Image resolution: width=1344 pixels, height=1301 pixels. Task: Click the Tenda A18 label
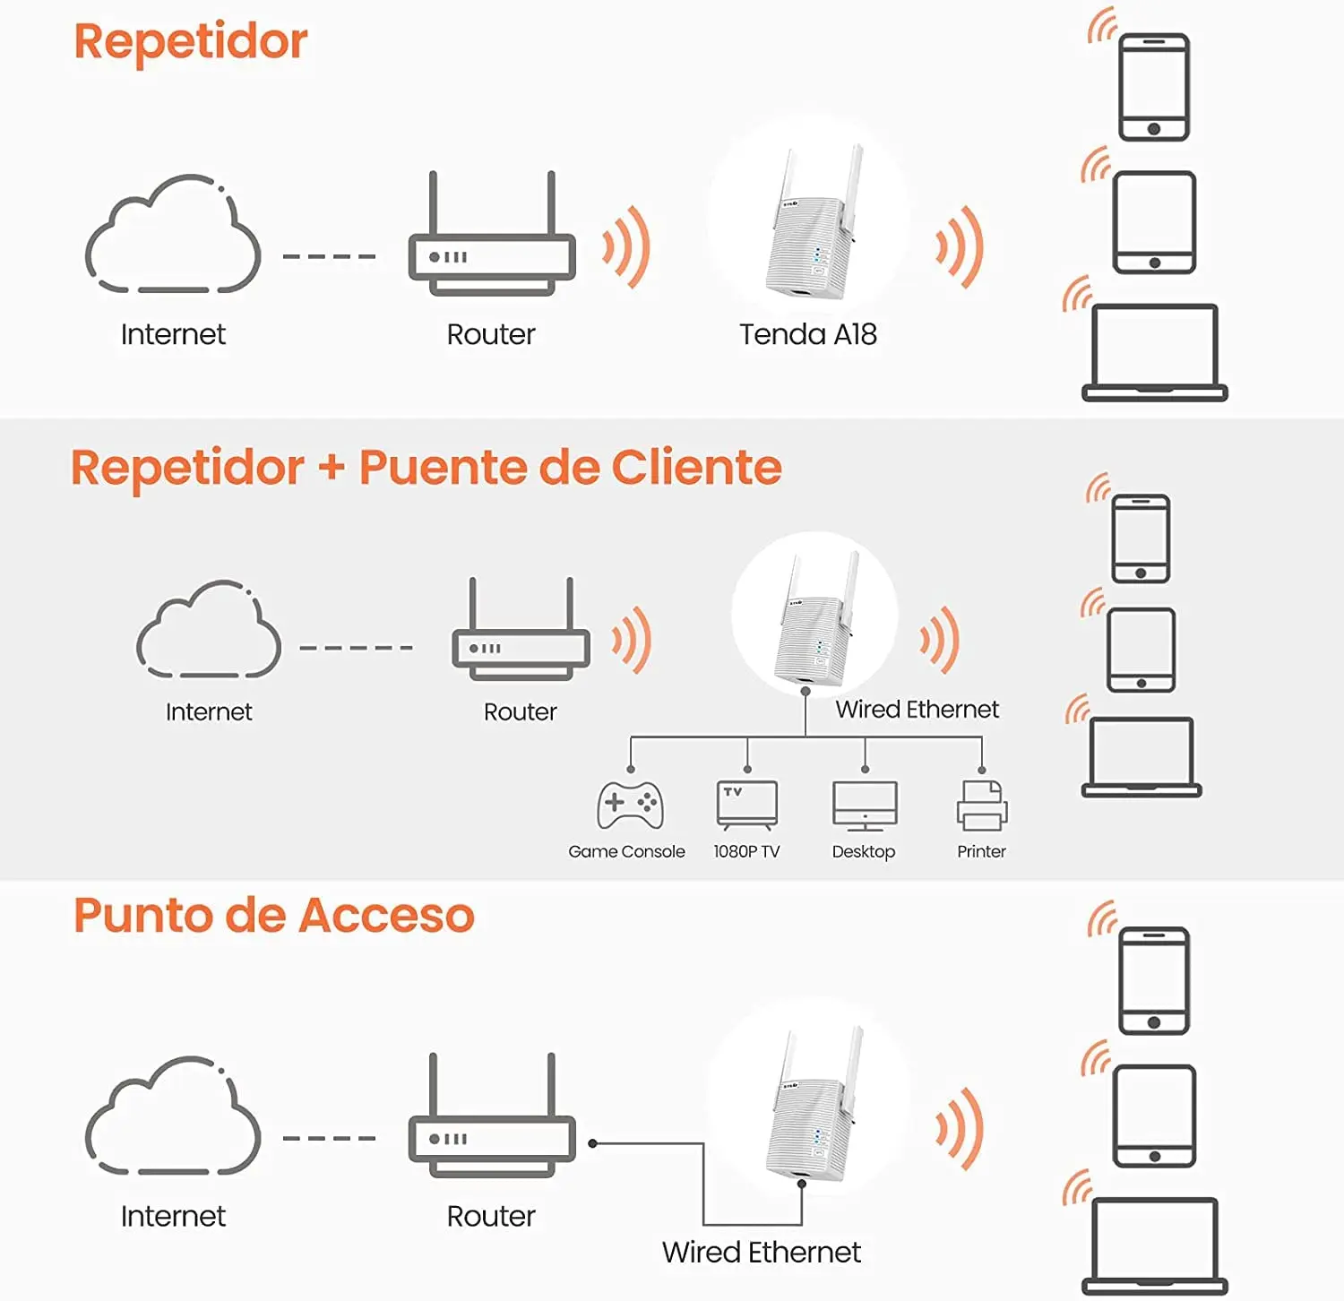807,334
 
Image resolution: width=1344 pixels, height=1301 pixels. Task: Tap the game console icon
630,805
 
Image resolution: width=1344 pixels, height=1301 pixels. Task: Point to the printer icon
982,805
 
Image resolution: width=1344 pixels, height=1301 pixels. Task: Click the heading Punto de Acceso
273,915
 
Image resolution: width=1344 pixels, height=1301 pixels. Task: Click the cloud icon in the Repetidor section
173,235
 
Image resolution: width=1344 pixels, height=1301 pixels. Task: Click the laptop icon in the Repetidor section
1154,352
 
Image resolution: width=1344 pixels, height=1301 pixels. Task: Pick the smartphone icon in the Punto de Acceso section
1154,981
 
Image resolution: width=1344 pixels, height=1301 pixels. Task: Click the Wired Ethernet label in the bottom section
761,1252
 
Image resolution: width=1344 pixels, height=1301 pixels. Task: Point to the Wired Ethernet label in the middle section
917,709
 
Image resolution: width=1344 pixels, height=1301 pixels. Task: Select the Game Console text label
626,851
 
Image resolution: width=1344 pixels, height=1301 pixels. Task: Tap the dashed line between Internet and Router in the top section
329,256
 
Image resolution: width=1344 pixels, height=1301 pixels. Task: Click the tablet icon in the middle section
1141,650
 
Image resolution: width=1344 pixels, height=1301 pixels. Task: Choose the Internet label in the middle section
209,711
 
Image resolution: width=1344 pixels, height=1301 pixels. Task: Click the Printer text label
981,851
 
